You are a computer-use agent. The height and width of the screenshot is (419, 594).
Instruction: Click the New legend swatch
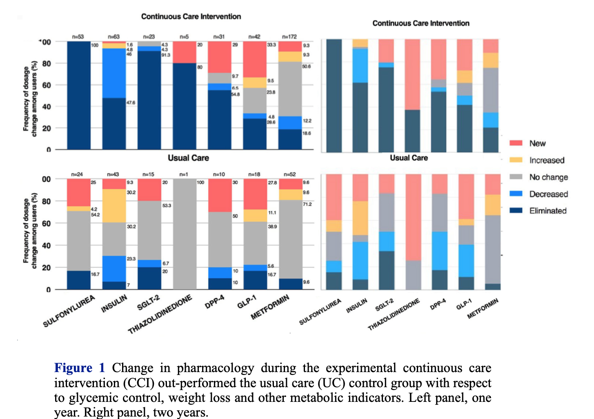pyautogui.click(x=516, y=143)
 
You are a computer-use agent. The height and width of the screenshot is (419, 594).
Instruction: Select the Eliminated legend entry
pyautogui.click(x=548, y=211)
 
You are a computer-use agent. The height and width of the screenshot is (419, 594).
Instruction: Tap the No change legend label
pyautogui.click(x=549, y=177)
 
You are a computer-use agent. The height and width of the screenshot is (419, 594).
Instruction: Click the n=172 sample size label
pyautogui.click(x=289, y=37)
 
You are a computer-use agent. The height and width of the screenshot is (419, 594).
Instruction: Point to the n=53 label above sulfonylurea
pyautogui.click(x=78, y=37)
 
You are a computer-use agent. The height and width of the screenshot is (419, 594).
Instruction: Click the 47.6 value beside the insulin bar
pyautogui.click(x=131, y=103)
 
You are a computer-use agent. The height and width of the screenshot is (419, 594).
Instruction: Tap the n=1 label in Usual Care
pyautogui.click(x=184, y=175)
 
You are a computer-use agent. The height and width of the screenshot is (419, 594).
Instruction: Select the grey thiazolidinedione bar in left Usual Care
pyautogui.click(x=185, y=234)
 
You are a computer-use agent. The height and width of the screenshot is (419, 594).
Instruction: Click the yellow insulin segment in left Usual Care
pyautogui.click(x=114, y=206)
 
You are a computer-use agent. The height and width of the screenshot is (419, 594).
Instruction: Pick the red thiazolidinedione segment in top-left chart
pyautogui.click(x=185, y=52)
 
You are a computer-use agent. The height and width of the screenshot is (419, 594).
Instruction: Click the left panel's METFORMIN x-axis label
pyautogui.click(x=270, y=307)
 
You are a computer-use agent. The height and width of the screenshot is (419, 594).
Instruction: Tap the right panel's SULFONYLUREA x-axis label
pyautogui.click(x=320, y=312)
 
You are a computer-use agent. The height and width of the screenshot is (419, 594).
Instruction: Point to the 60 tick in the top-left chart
pyautogui.click(x=47, y=85)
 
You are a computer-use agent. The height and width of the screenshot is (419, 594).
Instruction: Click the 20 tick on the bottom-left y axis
pyautogui.click(x=47, y=268)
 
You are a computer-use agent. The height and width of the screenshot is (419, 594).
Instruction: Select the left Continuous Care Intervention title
pyautogui.click(x=191, y=17)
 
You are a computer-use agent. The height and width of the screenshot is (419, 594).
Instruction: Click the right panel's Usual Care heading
pyautogui.click(x=409, y=158)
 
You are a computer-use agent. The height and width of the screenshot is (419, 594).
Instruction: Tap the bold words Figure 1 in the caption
pyautogui.click(x=80, y=368)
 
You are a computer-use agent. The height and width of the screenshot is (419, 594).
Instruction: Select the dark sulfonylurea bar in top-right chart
pyautogui.click(x=334, y=96)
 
